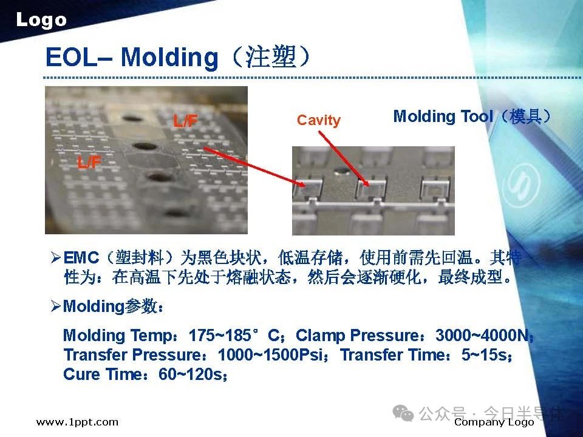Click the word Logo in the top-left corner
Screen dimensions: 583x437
[41, 20]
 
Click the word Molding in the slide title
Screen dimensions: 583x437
[169, 57]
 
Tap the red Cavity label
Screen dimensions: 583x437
[319, 120]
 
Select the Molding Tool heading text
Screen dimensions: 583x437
[443, 117]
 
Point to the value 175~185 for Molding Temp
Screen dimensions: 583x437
[220, 336]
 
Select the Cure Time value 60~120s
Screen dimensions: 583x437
[190, 374]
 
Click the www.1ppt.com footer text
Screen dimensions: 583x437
[77, 422]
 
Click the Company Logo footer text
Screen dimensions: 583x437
[494, 422]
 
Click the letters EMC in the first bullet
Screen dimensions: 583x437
[81, 258]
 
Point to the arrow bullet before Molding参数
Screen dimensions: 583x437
[56, 307]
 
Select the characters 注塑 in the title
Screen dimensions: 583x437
[270, 58]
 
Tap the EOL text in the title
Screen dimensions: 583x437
[70, 57]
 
